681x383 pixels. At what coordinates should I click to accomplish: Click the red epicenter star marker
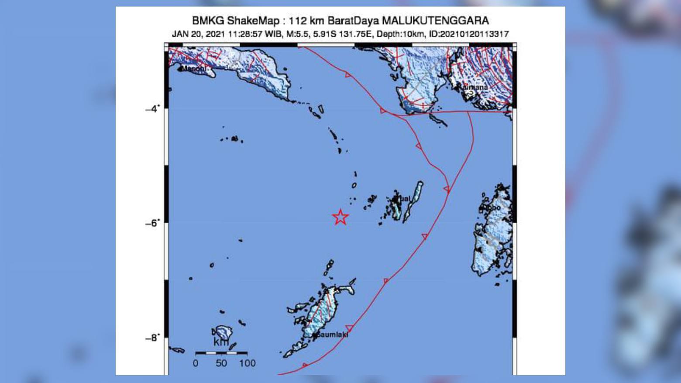click(x=340, y=217)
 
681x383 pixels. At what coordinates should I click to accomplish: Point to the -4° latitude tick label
click(x=152, y=108)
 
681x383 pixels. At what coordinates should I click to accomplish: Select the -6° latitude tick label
click(x=152, y=223)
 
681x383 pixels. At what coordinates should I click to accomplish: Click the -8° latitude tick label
click(x=152, y=338)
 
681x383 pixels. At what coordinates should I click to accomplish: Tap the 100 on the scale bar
click(x=247, y=363)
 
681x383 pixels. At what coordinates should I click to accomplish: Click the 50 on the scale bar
click(x=221, y=363)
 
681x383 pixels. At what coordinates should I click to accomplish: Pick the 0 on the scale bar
click(x=195, y=363)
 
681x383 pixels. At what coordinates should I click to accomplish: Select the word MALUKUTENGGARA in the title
click(x=435, y=21)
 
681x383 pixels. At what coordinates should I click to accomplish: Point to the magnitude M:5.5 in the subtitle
click(x=297, y=34)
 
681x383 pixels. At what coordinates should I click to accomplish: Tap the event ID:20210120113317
click(x=469, y=34)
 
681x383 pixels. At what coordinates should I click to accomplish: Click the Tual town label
click(x=404, y=199)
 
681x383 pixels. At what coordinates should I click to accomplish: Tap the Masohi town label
click(x=193, y=69)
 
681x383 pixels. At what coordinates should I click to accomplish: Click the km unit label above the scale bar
click(x=221, y=342)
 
